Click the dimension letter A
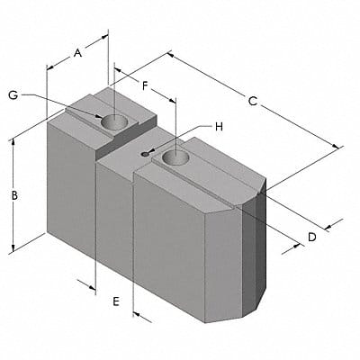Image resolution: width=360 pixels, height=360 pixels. [x=78, y=52]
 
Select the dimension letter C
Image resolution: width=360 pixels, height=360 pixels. [x=253, y=102]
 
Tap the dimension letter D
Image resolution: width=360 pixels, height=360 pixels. [x=311, y=237]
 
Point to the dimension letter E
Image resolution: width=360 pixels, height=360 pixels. [x=116, y=302]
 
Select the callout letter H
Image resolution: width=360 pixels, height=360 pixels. [x=217, y=127]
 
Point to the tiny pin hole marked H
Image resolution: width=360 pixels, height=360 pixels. [x=144, y=153]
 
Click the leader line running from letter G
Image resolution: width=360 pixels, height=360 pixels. [x=63, y=101]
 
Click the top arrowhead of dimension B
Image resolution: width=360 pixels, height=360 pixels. [x=13, y=144]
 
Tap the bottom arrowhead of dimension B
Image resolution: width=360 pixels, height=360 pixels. [x=13, y=248]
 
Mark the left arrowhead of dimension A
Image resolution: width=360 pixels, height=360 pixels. [x=50, y=67]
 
